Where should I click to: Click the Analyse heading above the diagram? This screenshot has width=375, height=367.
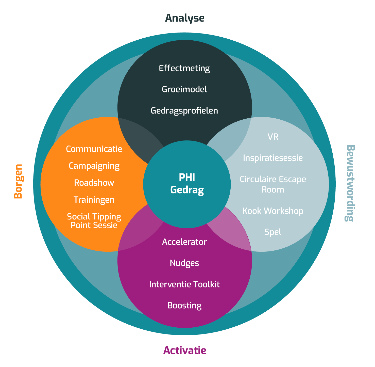[x=184, y=18]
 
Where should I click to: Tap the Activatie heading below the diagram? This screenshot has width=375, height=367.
[x=184, y=350]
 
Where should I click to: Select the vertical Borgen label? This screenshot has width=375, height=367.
[x=18, y=181]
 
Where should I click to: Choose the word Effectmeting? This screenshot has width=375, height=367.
[x=184, y=68]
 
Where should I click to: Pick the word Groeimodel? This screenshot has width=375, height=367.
[x=184, y=89]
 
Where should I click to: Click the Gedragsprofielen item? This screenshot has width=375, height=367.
[x=184, y=111]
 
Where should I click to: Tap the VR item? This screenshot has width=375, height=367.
[x=273, y=137]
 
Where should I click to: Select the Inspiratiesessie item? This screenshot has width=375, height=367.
[x=273, y=158]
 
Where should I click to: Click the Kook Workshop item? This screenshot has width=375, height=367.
[x=273, y=211]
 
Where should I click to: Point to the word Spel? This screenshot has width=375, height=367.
[x=273, y=232]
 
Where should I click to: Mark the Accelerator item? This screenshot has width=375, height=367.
[x=184, y=242]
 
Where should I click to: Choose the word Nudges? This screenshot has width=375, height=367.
[x=184, y=263]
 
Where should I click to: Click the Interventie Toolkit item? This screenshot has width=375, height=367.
[x=184, y=284]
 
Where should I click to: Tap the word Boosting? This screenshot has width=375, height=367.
[x=184, y=306]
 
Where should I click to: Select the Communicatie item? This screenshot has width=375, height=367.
[x=94, y=149]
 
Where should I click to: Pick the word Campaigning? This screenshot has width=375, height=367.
[x=94, y=166]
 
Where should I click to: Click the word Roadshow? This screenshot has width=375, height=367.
[x=94, y=183]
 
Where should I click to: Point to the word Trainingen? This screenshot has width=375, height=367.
[x=94, y=200]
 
